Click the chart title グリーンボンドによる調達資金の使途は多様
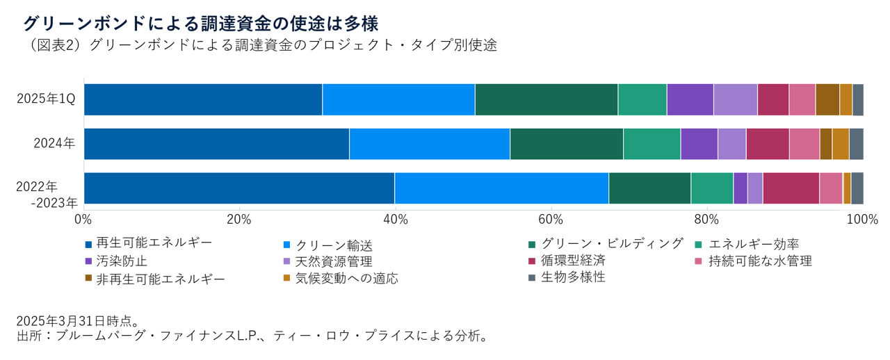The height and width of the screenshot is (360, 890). pyautogui.click(x=200, y=24)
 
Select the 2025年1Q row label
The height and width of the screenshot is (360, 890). pyautogui.click(x=47, y=100)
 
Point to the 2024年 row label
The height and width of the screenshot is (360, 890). pyautogui.click(x=55, y=144)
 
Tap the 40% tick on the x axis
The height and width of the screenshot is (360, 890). pyautogui.click(x=395, y=220)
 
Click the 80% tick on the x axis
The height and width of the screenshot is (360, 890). pyautogui.click(x=706, y=220)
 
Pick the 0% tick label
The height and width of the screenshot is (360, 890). pyautogui.click(x=83, y=220)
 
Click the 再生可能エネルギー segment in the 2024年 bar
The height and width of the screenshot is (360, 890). pyautogui.click(x=216, y=144)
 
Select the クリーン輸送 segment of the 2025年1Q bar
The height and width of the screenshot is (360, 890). pyautogui.click(x=398, y=99)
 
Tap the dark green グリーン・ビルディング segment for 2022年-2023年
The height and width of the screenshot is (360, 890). pyautogui.click(x=649, y=188)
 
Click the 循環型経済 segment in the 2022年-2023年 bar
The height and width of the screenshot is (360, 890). pyautogui.click(x=791, y=188)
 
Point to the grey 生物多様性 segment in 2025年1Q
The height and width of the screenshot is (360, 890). pyautogui.click(x=858, y=99)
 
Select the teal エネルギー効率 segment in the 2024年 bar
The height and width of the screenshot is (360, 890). pyautogui.click(x=652, y=144)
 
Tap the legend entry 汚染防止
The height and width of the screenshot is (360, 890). pyautogui.click(x=115, y=261)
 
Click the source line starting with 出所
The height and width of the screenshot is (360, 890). pyautogui.click(x=251, y=337)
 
